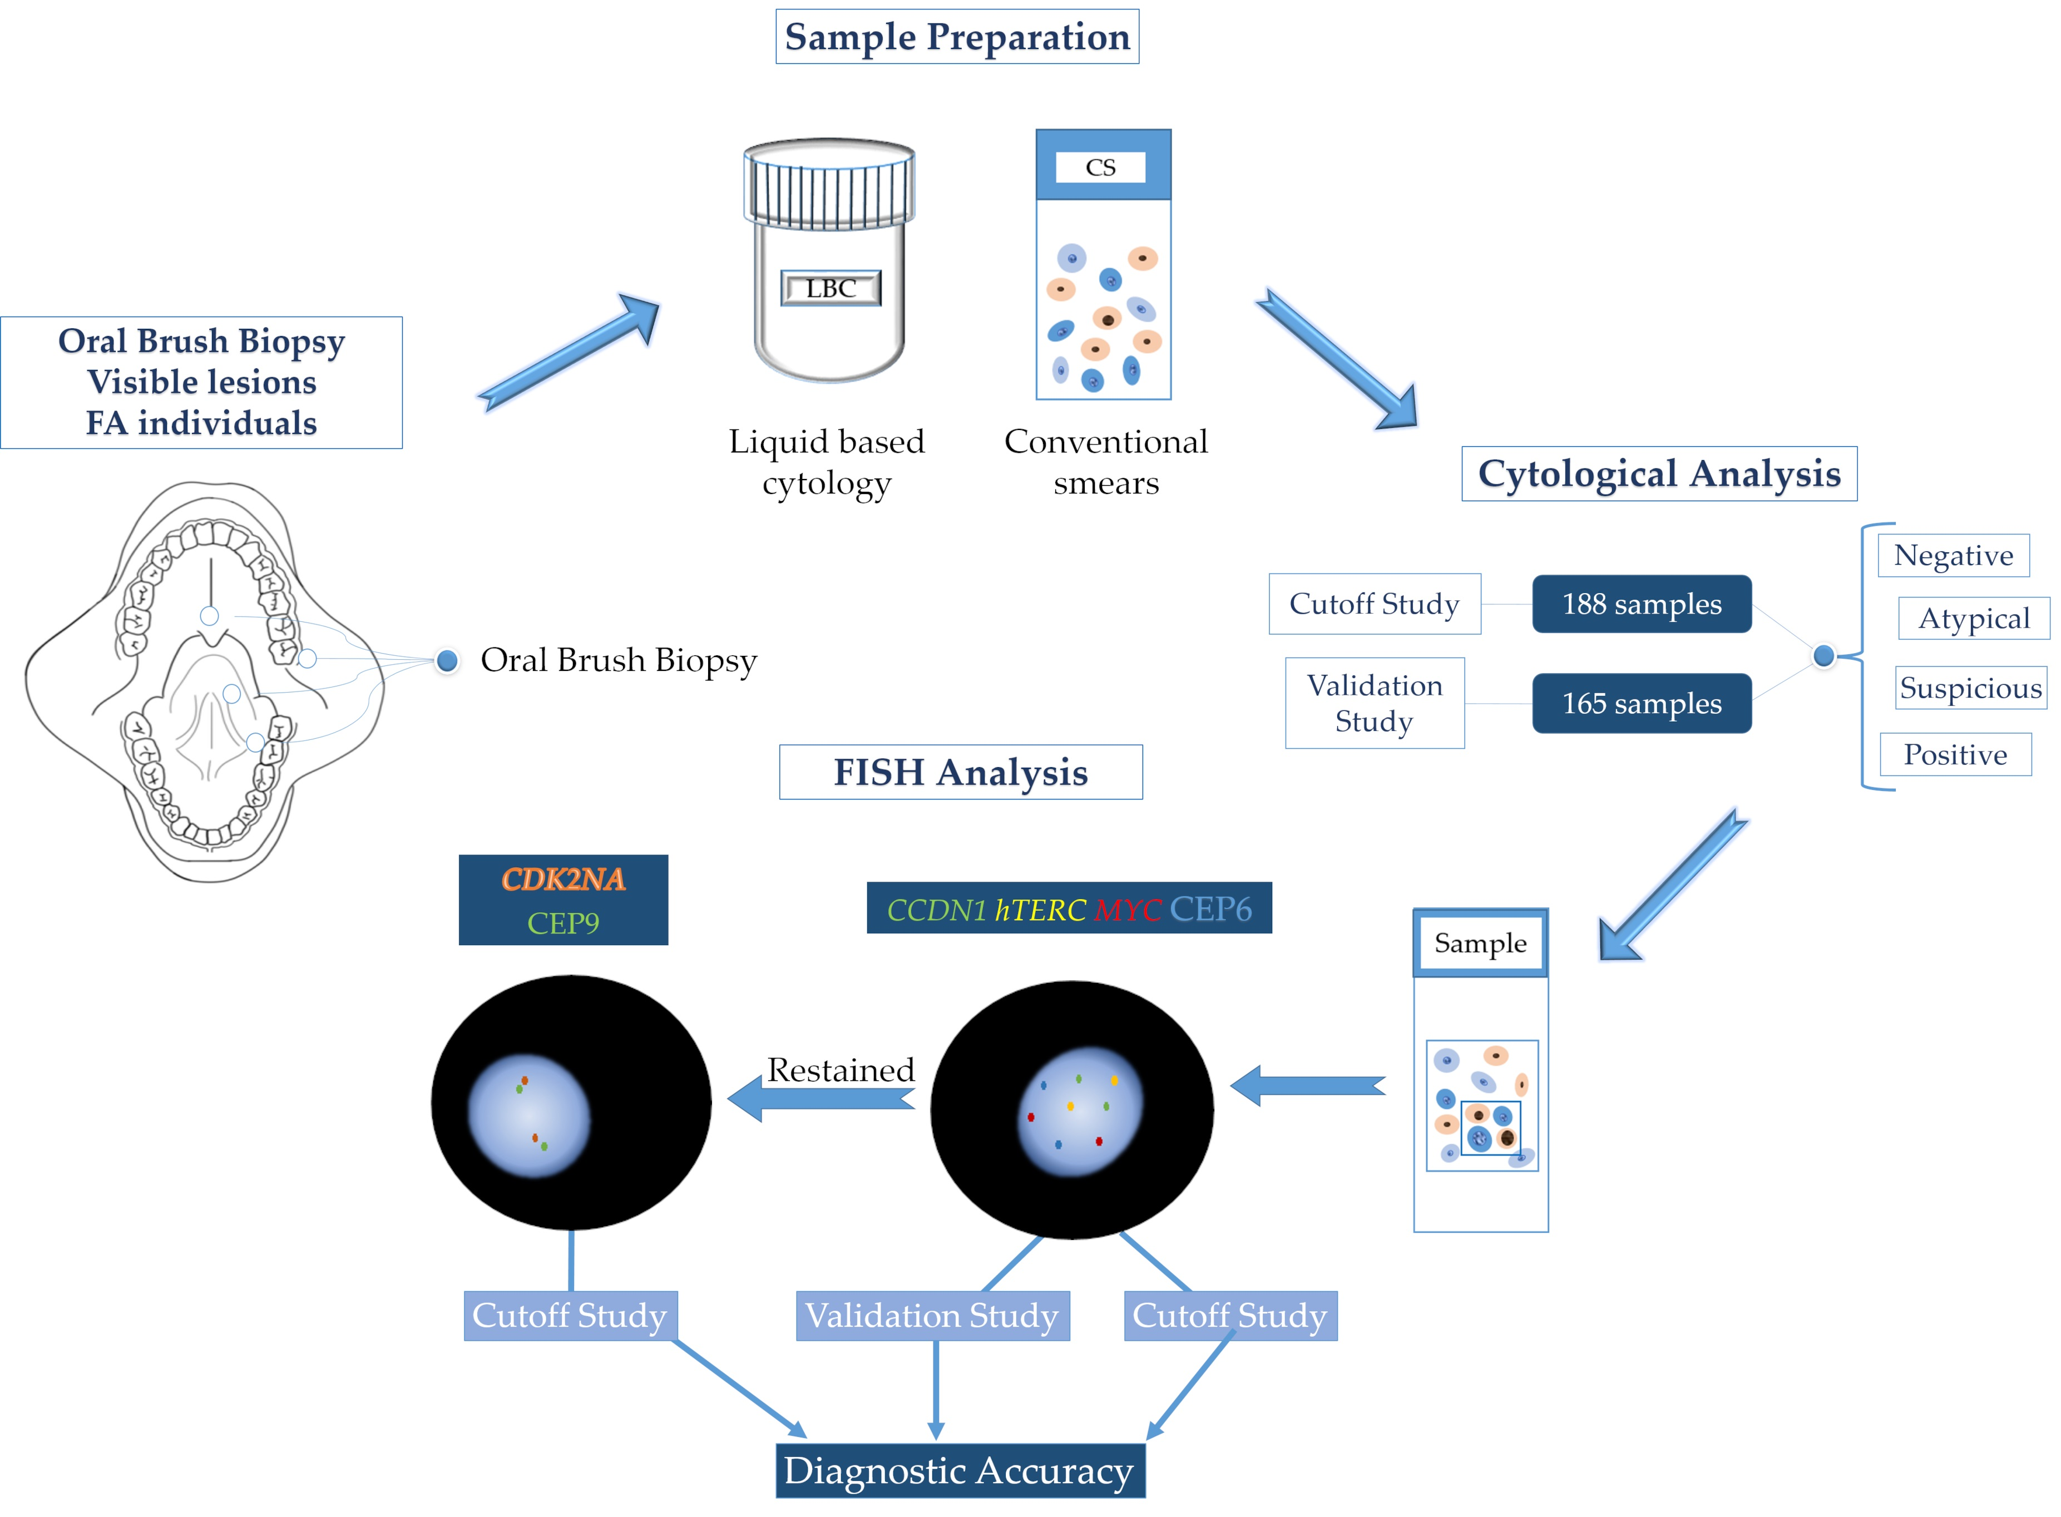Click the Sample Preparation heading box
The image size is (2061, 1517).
[x=957, y=37]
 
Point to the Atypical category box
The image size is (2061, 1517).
[x=1973, y=619]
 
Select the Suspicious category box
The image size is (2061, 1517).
[x=1970, y=688]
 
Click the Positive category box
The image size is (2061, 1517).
[x=1955, y=755]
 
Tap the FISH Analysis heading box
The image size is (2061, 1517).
[x=960, y=772]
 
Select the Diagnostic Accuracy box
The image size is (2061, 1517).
[x=960, y=1470]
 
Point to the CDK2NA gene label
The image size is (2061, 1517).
[x=563, y=879]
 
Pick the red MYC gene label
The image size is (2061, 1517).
[x=1128, y=909]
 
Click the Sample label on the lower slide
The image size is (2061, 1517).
[x=1480, y=943]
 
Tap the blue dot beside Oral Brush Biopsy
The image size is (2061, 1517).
[x=447, y=660]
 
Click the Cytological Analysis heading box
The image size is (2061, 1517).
[x=1658, y=474]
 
